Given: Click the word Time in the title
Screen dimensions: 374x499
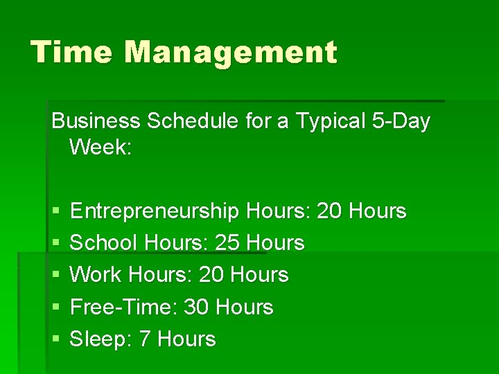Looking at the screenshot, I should tap(62, 52).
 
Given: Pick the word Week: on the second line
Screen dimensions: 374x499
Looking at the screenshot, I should tap(100, 148).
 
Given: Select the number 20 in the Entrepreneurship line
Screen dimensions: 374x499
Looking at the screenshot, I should tap(329, 211).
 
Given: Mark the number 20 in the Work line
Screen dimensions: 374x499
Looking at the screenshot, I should tap(212, 274).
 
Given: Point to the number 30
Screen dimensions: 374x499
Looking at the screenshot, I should tap(197, 307).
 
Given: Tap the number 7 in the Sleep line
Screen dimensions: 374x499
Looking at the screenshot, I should tap(145, 339).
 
